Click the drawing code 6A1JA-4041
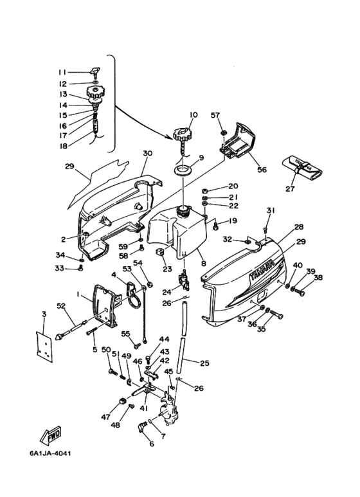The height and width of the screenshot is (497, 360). tap(51, 453)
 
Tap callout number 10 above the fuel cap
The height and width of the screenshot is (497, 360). tap(194, 114)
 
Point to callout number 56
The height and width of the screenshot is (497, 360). tap(262, 170)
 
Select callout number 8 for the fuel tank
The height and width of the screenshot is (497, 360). tap(203, 263)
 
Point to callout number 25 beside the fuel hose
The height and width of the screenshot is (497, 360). tap(205, 363)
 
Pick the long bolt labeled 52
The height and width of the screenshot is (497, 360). tap(71, 330)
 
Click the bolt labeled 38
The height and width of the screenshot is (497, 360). tap(298, 291)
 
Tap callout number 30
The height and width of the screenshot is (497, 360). tap(147, 154)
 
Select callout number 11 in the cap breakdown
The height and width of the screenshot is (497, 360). tap(62, 72)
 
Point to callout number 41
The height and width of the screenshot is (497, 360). tap(144, 409)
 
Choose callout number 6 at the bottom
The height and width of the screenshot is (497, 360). tap(152, 444)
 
